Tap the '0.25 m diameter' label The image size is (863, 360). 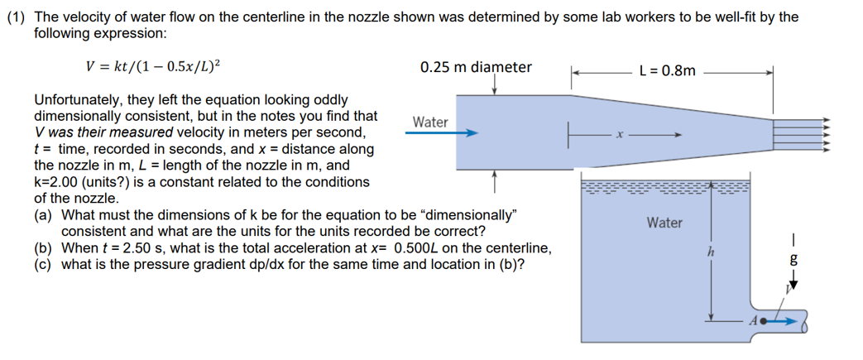(x=476, y=67)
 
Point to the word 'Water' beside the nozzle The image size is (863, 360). (x=430, y=122)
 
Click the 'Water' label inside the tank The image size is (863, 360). (x=664, y=223)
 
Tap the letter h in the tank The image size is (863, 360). (x=709, y=248)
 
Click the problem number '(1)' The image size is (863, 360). (x=15, y=17)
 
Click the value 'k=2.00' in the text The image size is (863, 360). (x=57, y=182)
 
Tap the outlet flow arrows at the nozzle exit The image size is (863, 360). (x=800, y=131)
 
